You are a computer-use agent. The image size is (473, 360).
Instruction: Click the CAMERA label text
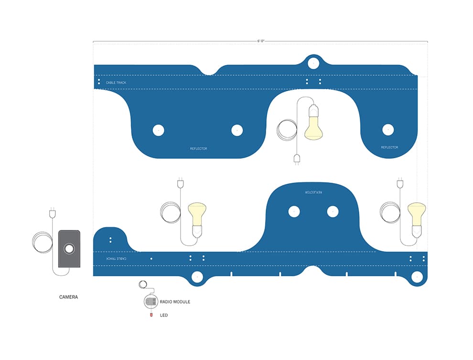click(x=68, y=297)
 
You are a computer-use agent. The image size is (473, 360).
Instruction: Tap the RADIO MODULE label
click(x=175, y=302)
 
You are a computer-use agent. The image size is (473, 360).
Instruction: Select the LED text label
click(x=164, y=315)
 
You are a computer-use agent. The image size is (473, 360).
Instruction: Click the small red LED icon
click(x=151, y=315)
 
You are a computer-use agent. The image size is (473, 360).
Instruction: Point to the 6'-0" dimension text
click(x=261, y=41)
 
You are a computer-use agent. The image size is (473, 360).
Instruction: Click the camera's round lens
click(x=69, y=249)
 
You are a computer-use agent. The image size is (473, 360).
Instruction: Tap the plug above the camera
click(x=53, y=213)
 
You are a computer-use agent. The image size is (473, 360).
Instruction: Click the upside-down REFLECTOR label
click(x=314, y=192)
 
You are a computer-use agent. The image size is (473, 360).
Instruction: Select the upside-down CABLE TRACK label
click(x=116, y=259)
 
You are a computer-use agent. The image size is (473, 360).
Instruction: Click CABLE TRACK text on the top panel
click(x=116, y=82)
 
